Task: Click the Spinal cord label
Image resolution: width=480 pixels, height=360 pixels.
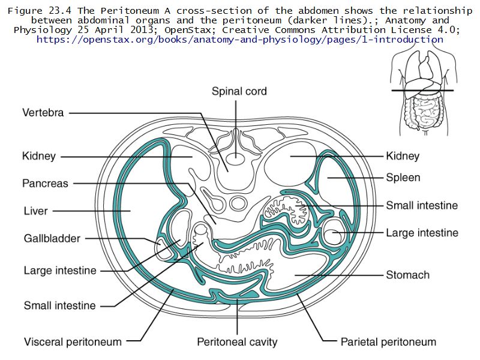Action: [239, 92]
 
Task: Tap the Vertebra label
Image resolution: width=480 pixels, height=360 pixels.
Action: [43, 112]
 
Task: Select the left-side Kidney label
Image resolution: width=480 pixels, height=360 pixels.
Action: [39, 157]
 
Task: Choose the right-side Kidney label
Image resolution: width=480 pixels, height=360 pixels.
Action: [403, 157]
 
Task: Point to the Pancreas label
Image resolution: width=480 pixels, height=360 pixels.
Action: [46, 183]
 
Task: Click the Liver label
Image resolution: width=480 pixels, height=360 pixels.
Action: [35, 211]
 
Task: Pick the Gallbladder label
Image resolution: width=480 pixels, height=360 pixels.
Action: [52, 238]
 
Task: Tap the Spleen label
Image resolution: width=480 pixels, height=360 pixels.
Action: [403, 178]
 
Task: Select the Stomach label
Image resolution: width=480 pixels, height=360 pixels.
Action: [408, 275]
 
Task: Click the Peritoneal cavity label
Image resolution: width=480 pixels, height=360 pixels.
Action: [238, 342]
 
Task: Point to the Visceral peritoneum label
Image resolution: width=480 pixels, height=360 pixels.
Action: [73, 342]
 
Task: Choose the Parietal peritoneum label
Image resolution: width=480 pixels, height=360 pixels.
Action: [388, 342]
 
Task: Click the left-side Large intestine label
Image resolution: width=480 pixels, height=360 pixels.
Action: [60, 270]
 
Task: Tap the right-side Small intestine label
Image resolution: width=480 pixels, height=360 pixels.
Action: [422, 205]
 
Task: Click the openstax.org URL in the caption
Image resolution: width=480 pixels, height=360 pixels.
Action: [240, 40]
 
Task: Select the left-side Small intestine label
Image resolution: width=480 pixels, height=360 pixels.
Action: [59, 305]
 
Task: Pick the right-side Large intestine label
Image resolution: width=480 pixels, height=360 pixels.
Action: [422, 233]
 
